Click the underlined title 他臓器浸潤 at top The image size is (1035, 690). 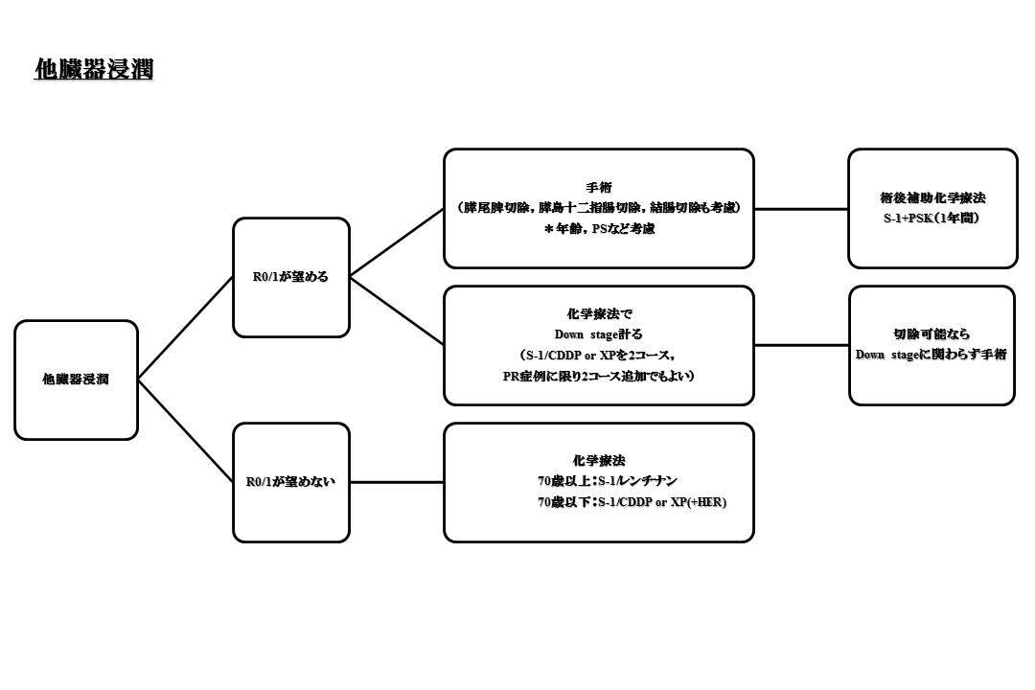click(94, 70)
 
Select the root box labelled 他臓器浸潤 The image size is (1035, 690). click(76, 379)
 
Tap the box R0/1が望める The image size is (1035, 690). click(290, 277)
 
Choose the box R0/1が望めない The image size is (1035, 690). click(290, 482)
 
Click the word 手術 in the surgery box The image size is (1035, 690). click(598, 188)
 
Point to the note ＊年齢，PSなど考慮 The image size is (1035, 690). click(598, 228)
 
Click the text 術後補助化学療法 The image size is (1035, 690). click(932, 198)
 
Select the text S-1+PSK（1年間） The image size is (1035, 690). click(932, 218)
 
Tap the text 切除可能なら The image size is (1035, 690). click(931, 334)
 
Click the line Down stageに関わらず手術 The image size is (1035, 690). click(931, 355)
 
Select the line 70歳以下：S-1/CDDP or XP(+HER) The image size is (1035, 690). click(632, 502)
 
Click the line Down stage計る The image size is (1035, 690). click(598, 334)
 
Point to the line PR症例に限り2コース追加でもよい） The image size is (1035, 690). click(598, 376)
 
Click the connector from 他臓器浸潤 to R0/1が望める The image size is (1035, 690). click(186, 328)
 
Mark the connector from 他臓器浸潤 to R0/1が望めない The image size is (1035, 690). click(186, 431)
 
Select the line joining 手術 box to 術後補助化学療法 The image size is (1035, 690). click(800, 208)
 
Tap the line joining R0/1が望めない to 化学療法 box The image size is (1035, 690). click(396, 482)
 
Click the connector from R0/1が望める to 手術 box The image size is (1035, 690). click(396, 242)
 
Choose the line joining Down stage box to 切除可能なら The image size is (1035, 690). click(801, 345)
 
